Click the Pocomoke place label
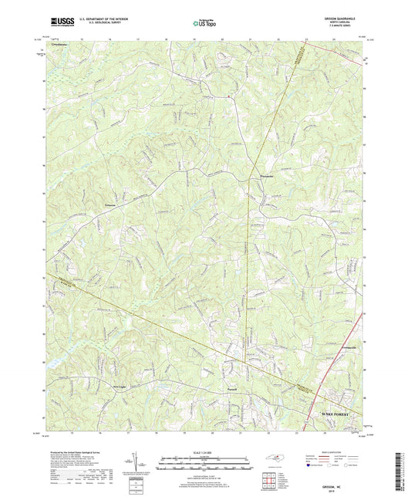(263, 181)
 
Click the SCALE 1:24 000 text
(204, 451)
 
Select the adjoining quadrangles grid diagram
(270, 482)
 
